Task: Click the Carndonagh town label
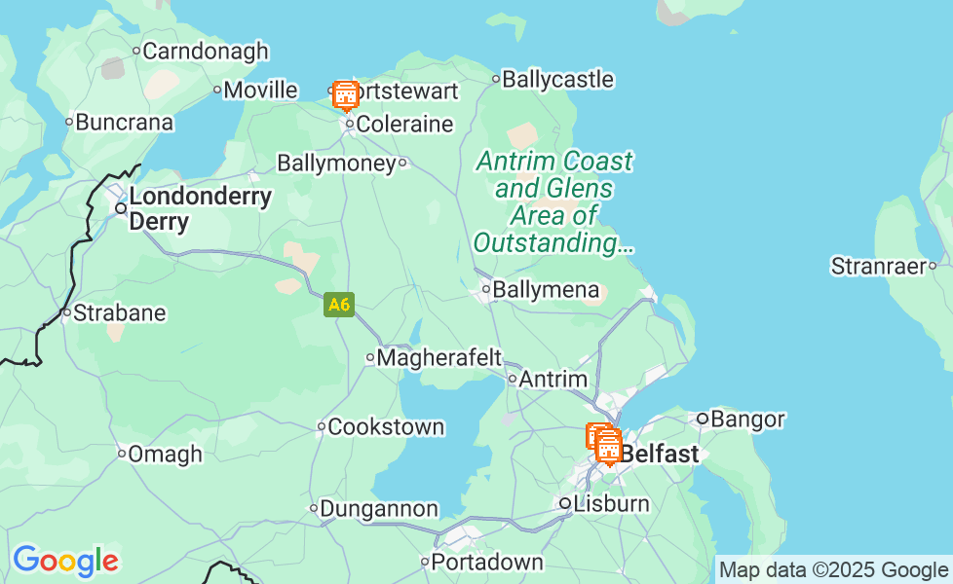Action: [205, 51]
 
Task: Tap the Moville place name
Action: [259, 91]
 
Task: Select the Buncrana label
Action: [124, 123]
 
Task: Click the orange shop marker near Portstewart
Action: [345, 95]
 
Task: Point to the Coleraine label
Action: [404, 125]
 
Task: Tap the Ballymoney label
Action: [336, 163]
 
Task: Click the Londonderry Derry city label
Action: [199, 208]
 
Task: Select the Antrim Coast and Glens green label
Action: [553, 201]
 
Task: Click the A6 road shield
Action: [338, 305]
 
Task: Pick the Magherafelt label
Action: [438, 357]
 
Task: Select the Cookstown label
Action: [386, 426]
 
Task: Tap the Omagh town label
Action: [165, 454]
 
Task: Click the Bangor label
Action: [747, 420]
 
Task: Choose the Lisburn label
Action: [611, 503]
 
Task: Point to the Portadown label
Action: [486, 562]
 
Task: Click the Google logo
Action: [65, 561]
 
